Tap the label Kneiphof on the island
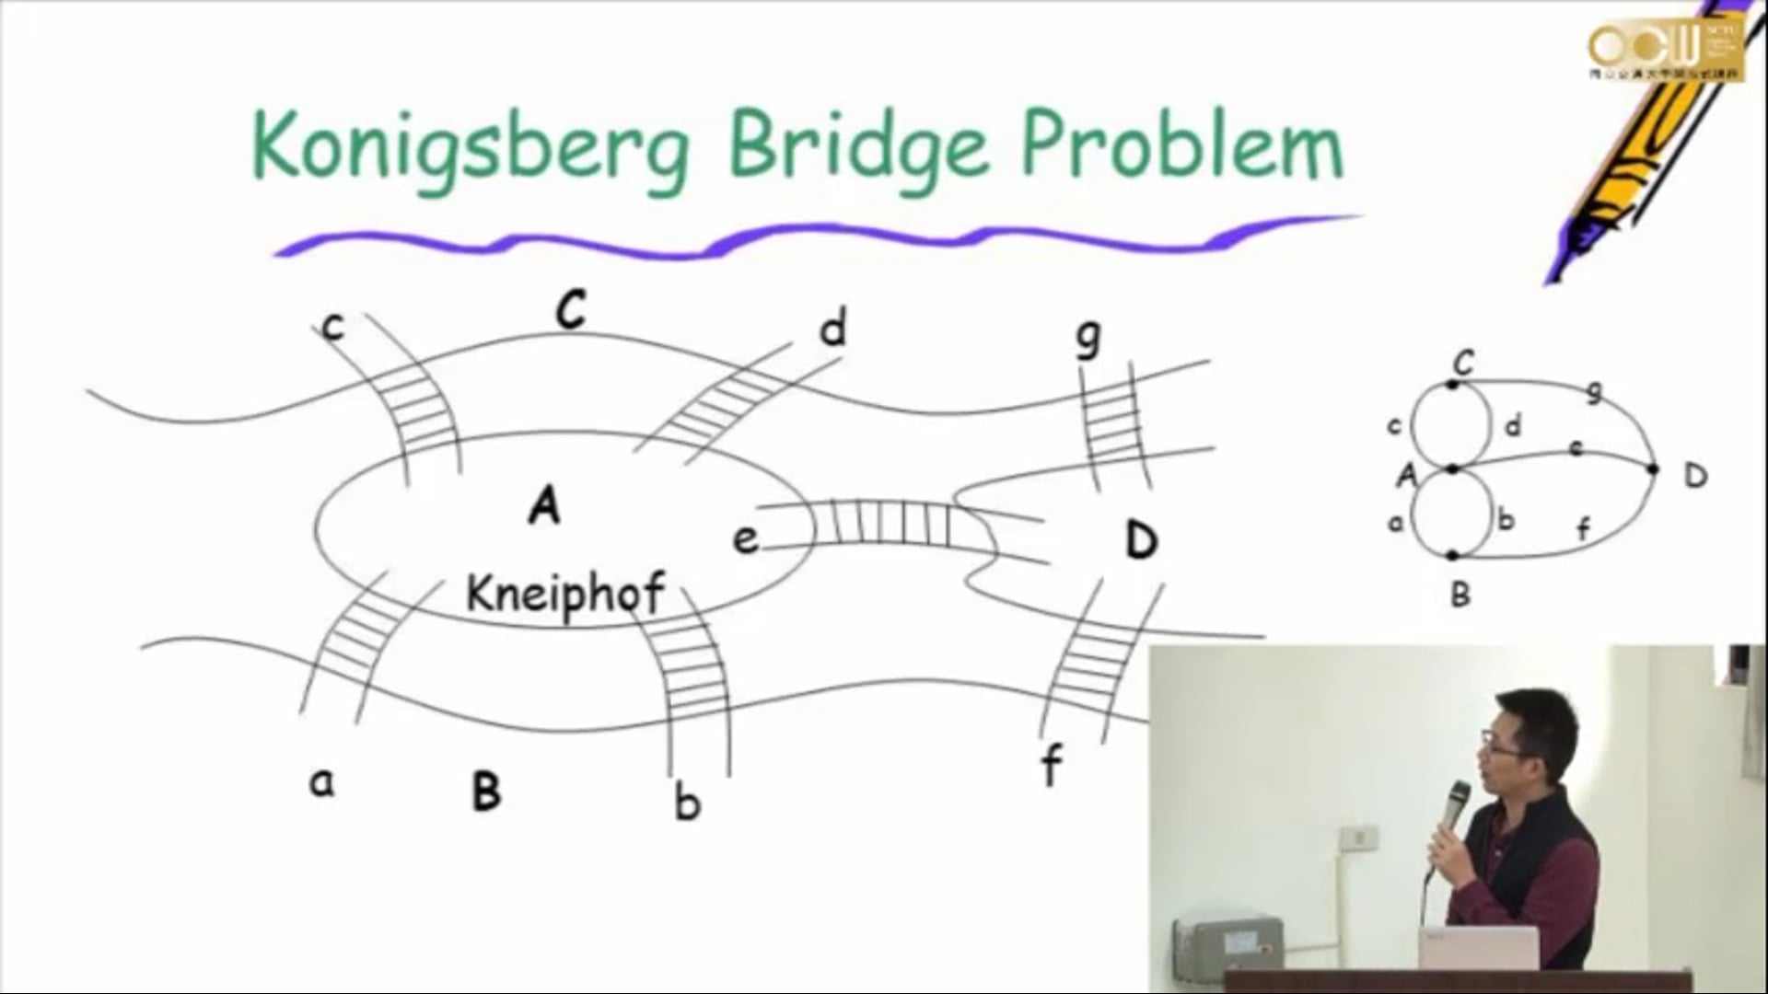pos(564,595)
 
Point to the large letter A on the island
pos(544,505)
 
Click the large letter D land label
pos(1141,540)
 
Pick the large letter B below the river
pos(486,791)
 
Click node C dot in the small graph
pos(1452,384)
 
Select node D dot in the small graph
pos(1653,469)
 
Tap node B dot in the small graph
pos(1452,556)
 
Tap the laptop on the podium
pos(1478,948)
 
